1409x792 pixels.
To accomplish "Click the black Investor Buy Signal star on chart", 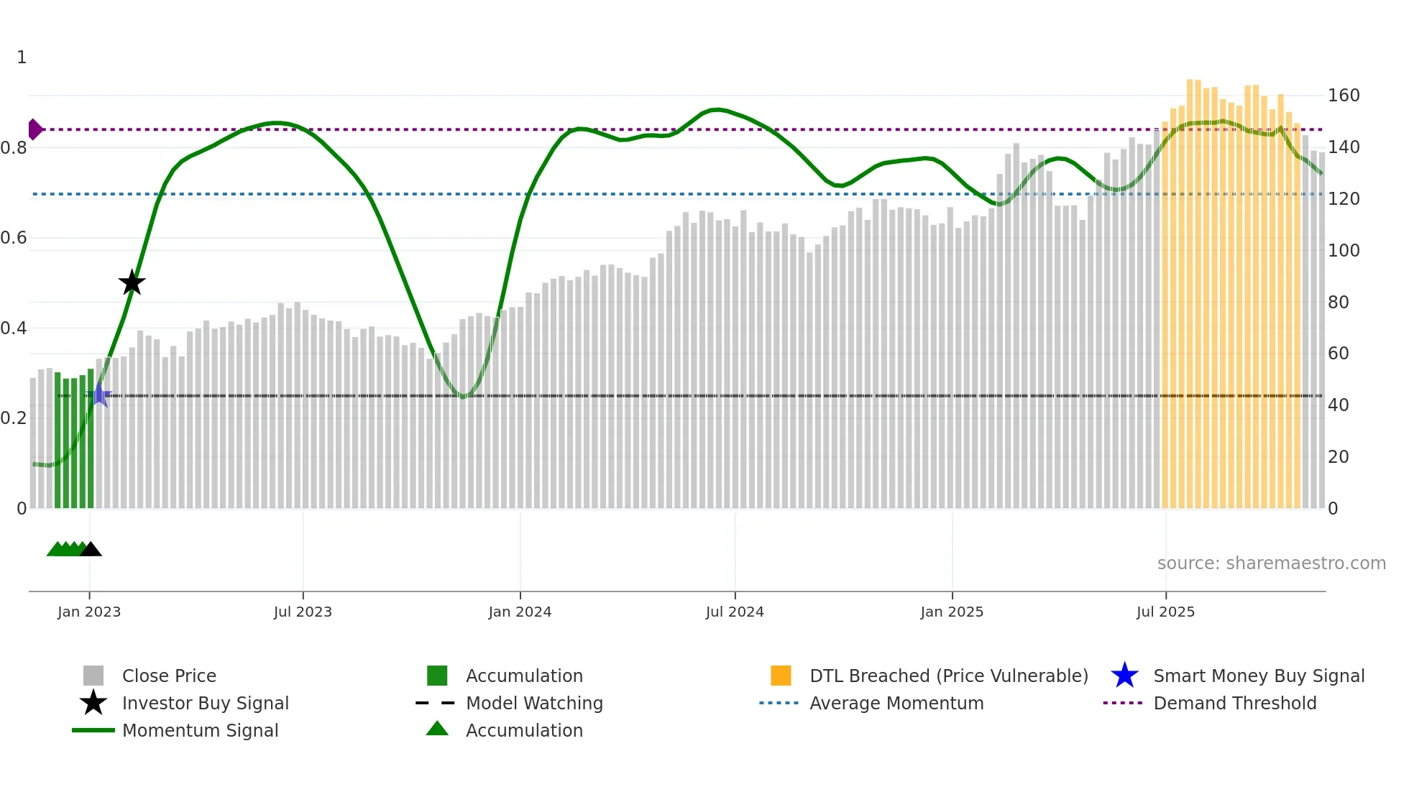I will (132, 282).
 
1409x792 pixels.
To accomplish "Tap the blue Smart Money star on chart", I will (100, 395).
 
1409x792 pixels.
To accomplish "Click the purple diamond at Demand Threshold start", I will (35, 129).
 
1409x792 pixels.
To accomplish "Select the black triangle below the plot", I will (91, 549).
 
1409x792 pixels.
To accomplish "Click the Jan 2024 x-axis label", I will (520, 612).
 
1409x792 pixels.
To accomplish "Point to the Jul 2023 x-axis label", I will (303, 612).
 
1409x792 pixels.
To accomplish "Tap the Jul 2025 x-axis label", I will (1165, 612).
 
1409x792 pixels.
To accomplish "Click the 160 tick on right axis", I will (1343, 96).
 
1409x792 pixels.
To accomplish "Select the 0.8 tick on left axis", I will (14, 148).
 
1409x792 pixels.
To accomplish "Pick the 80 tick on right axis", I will (1338, 302).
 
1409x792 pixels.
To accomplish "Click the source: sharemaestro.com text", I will (1271, 563).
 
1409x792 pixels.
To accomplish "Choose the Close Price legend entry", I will (169, 676).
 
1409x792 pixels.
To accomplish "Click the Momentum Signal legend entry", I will (200, 730).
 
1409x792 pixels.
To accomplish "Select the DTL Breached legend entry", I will (948, 676).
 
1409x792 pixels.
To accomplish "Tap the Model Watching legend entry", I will (533, 703).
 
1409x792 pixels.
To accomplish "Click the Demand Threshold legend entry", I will (1234, 703).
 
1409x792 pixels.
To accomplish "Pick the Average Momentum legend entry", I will (896, 703).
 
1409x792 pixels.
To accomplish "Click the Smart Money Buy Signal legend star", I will (1124, 676).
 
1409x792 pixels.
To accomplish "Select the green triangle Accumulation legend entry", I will (437, 729).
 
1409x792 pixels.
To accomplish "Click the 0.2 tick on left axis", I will (14, 418).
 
